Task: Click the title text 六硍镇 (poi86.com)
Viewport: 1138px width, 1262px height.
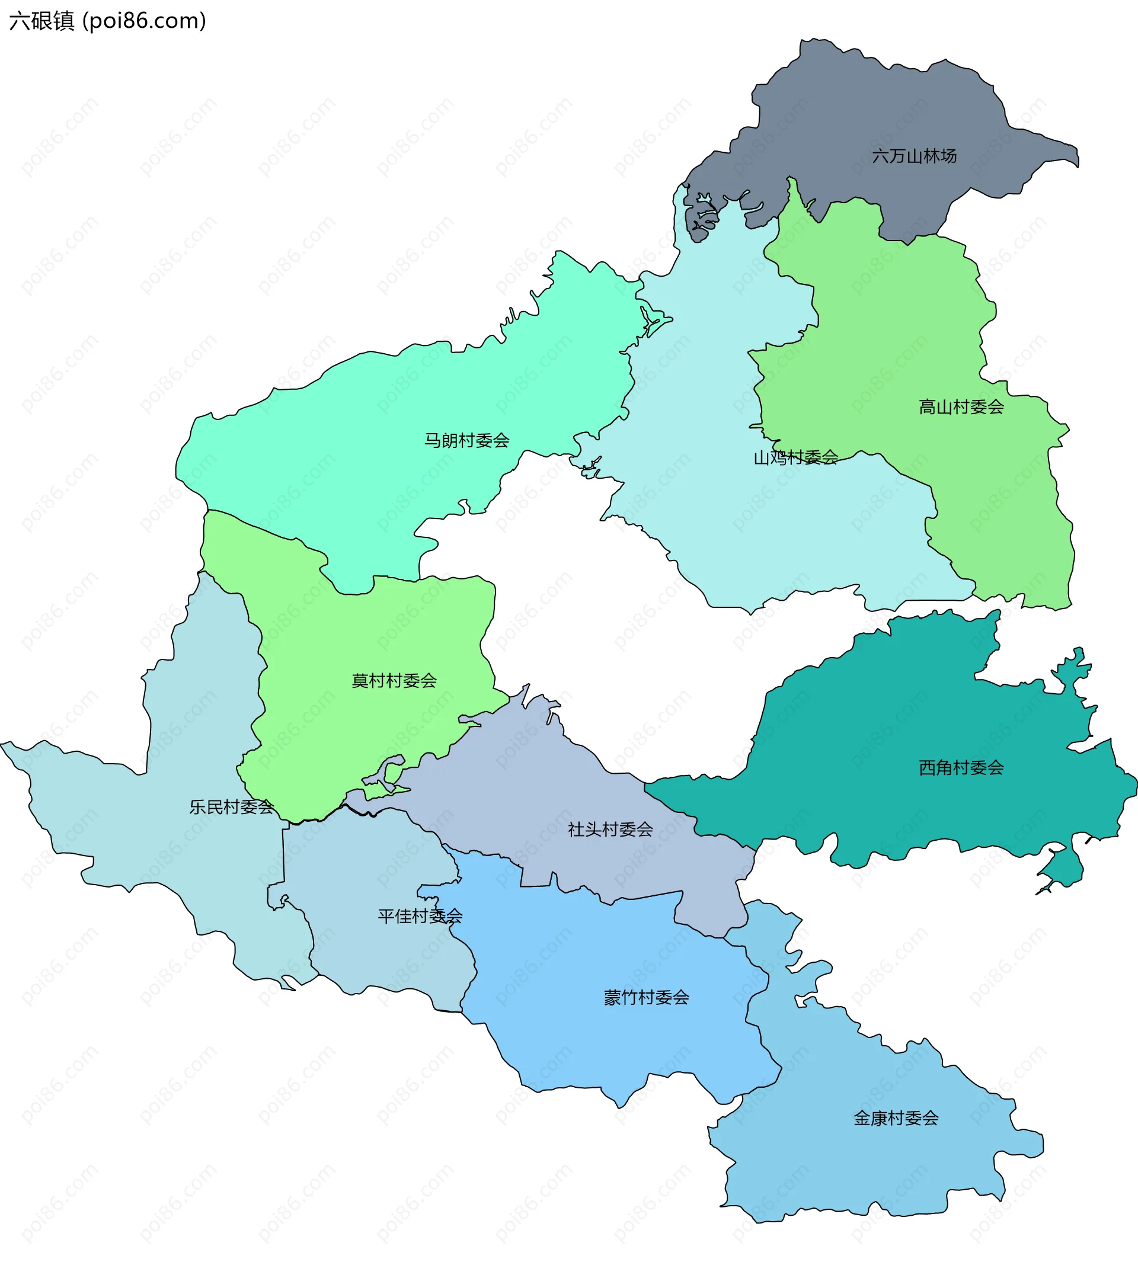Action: [107, 21]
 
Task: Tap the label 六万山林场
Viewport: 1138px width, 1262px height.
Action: [913, 156]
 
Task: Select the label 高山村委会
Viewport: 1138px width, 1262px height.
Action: [960, 407]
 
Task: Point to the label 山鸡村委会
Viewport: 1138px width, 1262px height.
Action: [795, 457]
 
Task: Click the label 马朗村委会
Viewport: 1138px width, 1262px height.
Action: [466, 441]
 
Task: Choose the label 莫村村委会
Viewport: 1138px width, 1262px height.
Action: [394, 681]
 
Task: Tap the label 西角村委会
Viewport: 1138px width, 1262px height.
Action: [960, 768]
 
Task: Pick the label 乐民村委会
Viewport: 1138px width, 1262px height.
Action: [231, 807]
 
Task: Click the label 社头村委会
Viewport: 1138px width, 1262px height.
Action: [610, 829]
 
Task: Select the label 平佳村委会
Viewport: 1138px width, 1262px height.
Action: [420, 917]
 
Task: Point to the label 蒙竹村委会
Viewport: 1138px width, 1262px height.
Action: [646, 998]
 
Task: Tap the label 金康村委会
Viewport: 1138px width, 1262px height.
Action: [896, 1118]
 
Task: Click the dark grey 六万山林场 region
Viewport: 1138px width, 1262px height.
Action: [875, 106]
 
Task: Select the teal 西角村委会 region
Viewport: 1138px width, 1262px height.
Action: [907, 719]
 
